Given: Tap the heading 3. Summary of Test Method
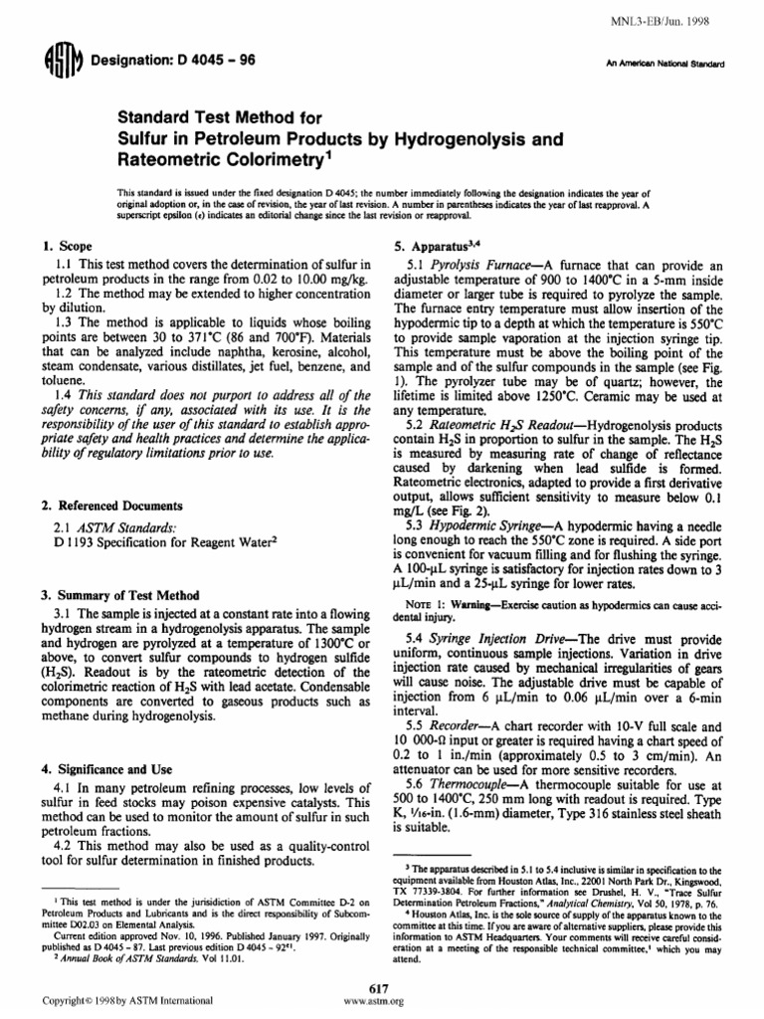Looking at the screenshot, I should (118, 594).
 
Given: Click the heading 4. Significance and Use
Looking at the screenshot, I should (111, 770).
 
